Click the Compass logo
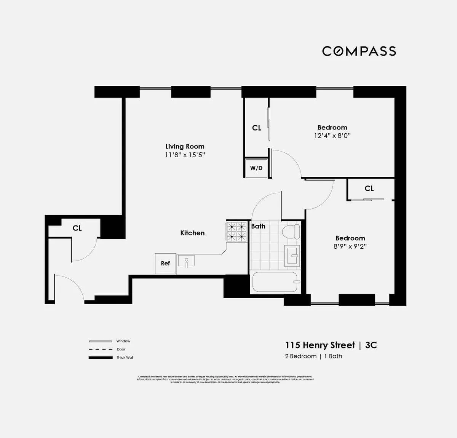click(359, 51)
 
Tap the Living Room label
click(185, 146)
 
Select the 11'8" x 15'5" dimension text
click(185, 155)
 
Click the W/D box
click(256, 168)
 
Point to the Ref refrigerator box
click(165, 263)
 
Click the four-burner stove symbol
click(236, 232)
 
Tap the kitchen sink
click(186, 261)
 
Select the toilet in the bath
click(291, 231)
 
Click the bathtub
click(275, 282)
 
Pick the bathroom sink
click(293, 255)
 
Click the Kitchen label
click(192, 233)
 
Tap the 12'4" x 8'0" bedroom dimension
click(332, 136)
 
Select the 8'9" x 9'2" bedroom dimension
click(350, 246)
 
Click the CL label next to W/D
click(257, 128)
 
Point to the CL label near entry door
click(77, 228)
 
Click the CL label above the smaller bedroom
click(369, 189)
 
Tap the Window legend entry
click(123, 341)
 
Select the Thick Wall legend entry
click(125, 357)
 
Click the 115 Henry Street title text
click(320, 345)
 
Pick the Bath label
click(258, 226)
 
